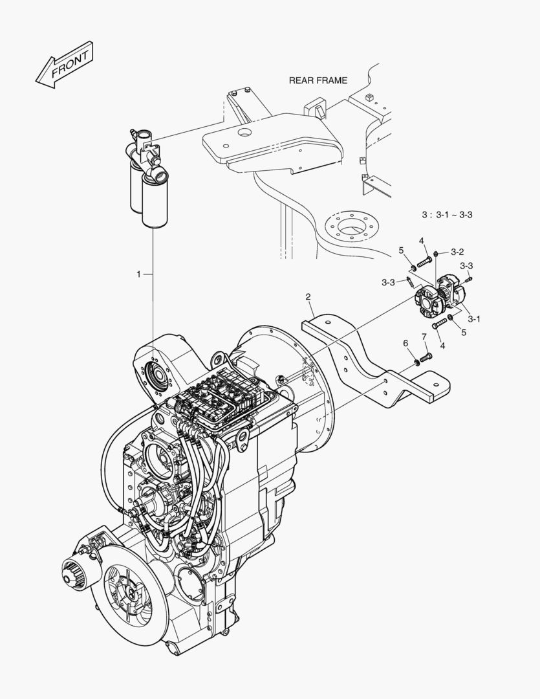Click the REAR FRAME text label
click(x=318, y=80)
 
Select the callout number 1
click(x=138, y=274)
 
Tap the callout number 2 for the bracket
click(x=308, y=297)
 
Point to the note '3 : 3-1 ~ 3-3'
click(x=447, y=214)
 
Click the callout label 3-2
click(x=457, y=251)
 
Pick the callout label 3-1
click(x=474, y=318)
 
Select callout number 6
click(x=405, y=342)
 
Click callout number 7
click(x=424, y=337)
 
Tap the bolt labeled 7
click(x=425, y=356)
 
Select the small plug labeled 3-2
click(x=438, y=252)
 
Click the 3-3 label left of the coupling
click(x=388, y=282)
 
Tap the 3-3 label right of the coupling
click(x=466, y=266)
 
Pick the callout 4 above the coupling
click(x=421, y=241)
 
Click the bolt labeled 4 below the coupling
click(x=440, y=322)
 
